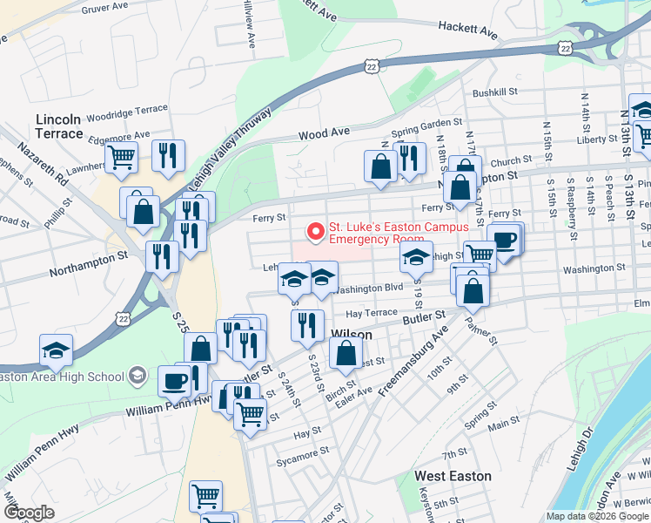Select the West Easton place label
453,476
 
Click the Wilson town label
352,335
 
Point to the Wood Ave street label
324,134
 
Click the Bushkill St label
495,92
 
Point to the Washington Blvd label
369,288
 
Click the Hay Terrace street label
371,313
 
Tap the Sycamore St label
302,453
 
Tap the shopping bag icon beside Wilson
346,352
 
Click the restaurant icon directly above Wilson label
306,324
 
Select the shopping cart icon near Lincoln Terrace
121,157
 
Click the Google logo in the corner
29,513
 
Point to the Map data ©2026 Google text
596,515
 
